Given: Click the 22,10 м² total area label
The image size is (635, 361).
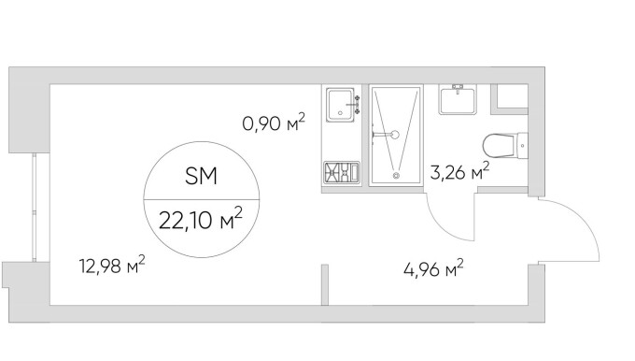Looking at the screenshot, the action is (x=201, y=219).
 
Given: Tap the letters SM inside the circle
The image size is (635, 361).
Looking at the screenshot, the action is (x=202, y=177).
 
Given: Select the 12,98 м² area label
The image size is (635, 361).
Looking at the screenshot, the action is (x=112, y=265).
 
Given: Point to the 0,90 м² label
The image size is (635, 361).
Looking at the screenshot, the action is (x=274, y=123).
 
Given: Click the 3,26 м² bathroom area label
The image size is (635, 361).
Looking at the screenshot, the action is (x=459, y=172).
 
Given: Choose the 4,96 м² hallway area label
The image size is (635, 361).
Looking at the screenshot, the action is (x=433, y=268).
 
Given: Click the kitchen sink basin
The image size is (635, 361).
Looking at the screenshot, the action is (x=340, y=105).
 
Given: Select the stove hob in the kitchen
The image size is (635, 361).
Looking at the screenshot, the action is (x=342, y=171).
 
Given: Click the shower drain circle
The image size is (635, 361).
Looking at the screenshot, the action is (x=396, y=175).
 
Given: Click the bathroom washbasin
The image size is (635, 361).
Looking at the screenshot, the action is (x=458, y=99).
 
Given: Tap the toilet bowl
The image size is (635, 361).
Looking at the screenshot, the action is (x=499, y=145).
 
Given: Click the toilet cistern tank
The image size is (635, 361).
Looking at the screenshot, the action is (x=522, y=145).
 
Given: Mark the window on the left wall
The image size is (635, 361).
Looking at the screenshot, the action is (x=35, y=207).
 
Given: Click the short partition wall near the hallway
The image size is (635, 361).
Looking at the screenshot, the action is (x=325, y=284).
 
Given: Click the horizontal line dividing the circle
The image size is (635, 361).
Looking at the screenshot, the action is (x=202, y=200).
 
